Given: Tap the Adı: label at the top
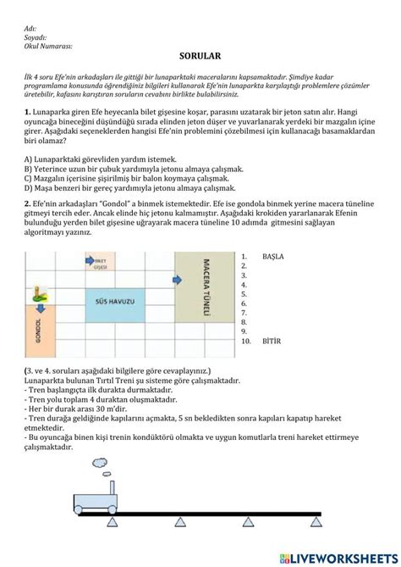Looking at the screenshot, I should (31, 28).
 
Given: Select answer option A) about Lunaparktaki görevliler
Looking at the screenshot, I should (101, 158).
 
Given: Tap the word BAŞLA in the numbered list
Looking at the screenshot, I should (273, 256).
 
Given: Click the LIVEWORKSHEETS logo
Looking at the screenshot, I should (337, 557).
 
